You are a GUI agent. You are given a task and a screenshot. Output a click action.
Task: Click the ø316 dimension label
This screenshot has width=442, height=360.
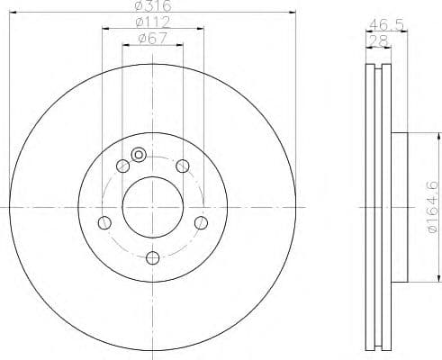tap(150, 5)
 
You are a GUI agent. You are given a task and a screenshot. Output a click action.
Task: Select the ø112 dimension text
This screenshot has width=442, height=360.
tap(150, 22)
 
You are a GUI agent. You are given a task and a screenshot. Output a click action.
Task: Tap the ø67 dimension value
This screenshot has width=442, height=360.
tap(150, 39)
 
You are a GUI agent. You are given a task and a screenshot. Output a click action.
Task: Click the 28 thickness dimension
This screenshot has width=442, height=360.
tap(378, 41)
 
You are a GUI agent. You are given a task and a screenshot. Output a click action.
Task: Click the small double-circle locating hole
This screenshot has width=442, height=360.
tap(138, 155)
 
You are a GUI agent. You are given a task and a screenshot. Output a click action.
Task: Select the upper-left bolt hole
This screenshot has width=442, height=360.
tap(122, 165)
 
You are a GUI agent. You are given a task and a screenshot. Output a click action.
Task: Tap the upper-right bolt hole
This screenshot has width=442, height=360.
tap(182, 165)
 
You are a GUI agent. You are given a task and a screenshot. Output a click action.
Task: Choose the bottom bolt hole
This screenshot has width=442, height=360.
tap(152, 259)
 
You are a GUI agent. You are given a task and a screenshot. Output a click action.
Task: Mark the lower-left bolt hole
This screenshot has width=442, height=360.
tap(104, 222)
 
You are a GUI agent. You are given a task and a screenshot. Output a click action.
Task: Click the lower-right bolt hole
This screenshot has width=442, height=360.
tap(201, 222)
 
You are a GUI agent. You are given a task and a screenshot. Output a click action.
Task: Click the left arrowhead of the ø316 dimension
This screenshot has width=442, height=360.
tap(13, 12)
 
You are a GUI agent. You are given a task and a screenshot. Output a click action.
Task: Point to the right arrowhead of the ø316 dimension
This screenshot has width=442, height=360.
tap(293, 12)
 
